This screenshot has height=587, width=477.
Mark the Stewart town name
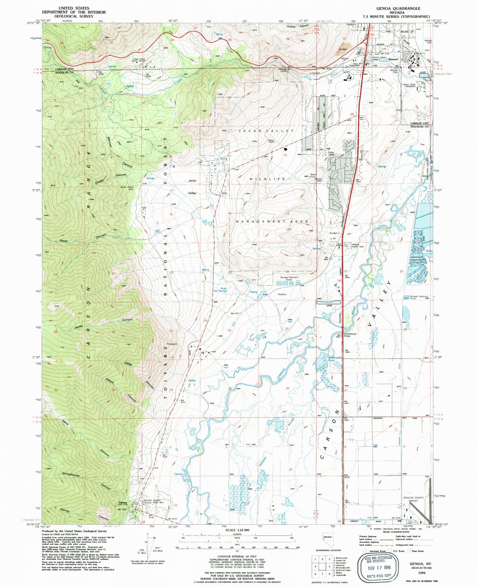pos(393,59)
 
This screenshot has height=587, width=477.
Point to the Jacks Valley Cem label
pos(127,188)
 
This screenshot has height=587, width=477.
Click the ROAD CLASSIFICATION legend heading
pos(396,532)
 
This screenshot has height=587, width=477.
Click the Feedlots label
pos(282,294)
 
